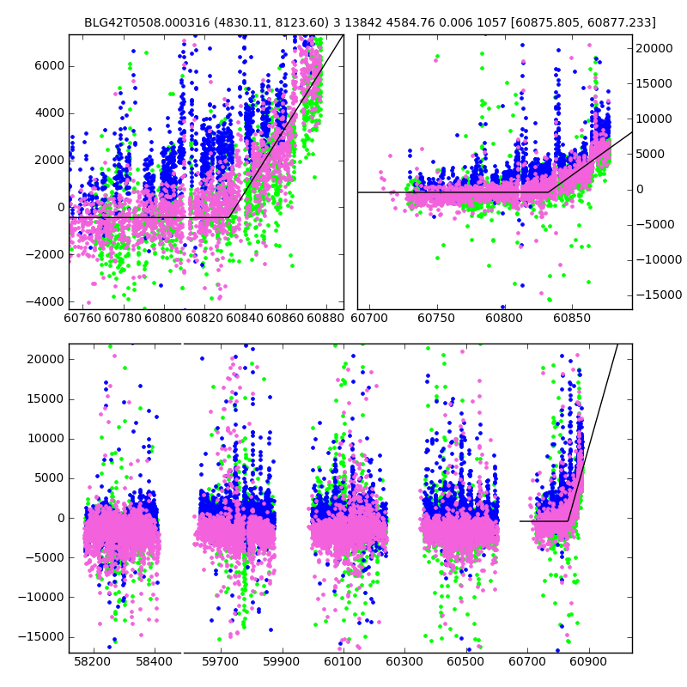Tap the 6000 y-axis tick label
click(x=49, y=66)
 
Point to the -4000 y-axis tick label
click(x=46, y=301)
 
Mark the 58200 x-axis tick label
click(x=93, y=663)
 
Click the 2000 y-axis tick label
click(x=49, y=160)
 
